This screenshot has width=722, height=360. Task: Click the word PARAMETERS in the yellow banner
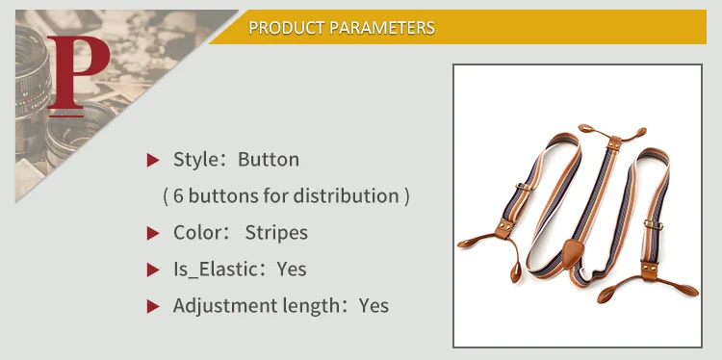click(382, 28)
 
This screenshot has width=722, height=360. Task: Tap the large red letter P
click(77, 73)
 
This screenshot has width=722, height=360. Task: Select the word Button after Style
click(269, 159)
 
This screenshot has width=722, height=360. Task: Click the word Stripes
click(276, 233)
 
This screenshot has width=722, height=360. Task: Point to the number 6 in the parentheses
click(178, 196)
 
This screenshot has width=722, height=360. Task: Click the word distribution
click(347, 195)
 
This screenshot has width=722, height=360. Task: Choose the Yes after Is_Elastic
click(292, 270)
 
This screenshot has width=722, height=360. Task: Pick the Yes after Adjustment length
click(374, 306)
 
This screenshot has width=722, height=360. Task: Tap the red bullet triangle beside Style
click(152, 160)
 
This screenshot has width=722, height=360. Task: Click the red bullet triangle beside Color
click(152, 233)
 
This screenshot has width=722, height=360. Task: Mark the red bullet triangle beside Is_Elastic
click(152, 270)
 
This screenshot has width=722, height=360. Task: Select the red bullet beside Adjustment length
click(152, 306)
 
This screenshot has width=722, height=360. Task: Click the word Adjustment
click(222, 306)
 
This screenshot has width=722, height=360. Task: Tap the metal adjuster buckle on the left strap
click(523, 187)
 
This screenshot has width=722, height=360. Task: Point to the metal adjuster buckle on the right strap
click(653, 224)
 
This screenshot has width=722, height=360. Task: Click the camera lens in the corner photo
click(32, 78)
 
